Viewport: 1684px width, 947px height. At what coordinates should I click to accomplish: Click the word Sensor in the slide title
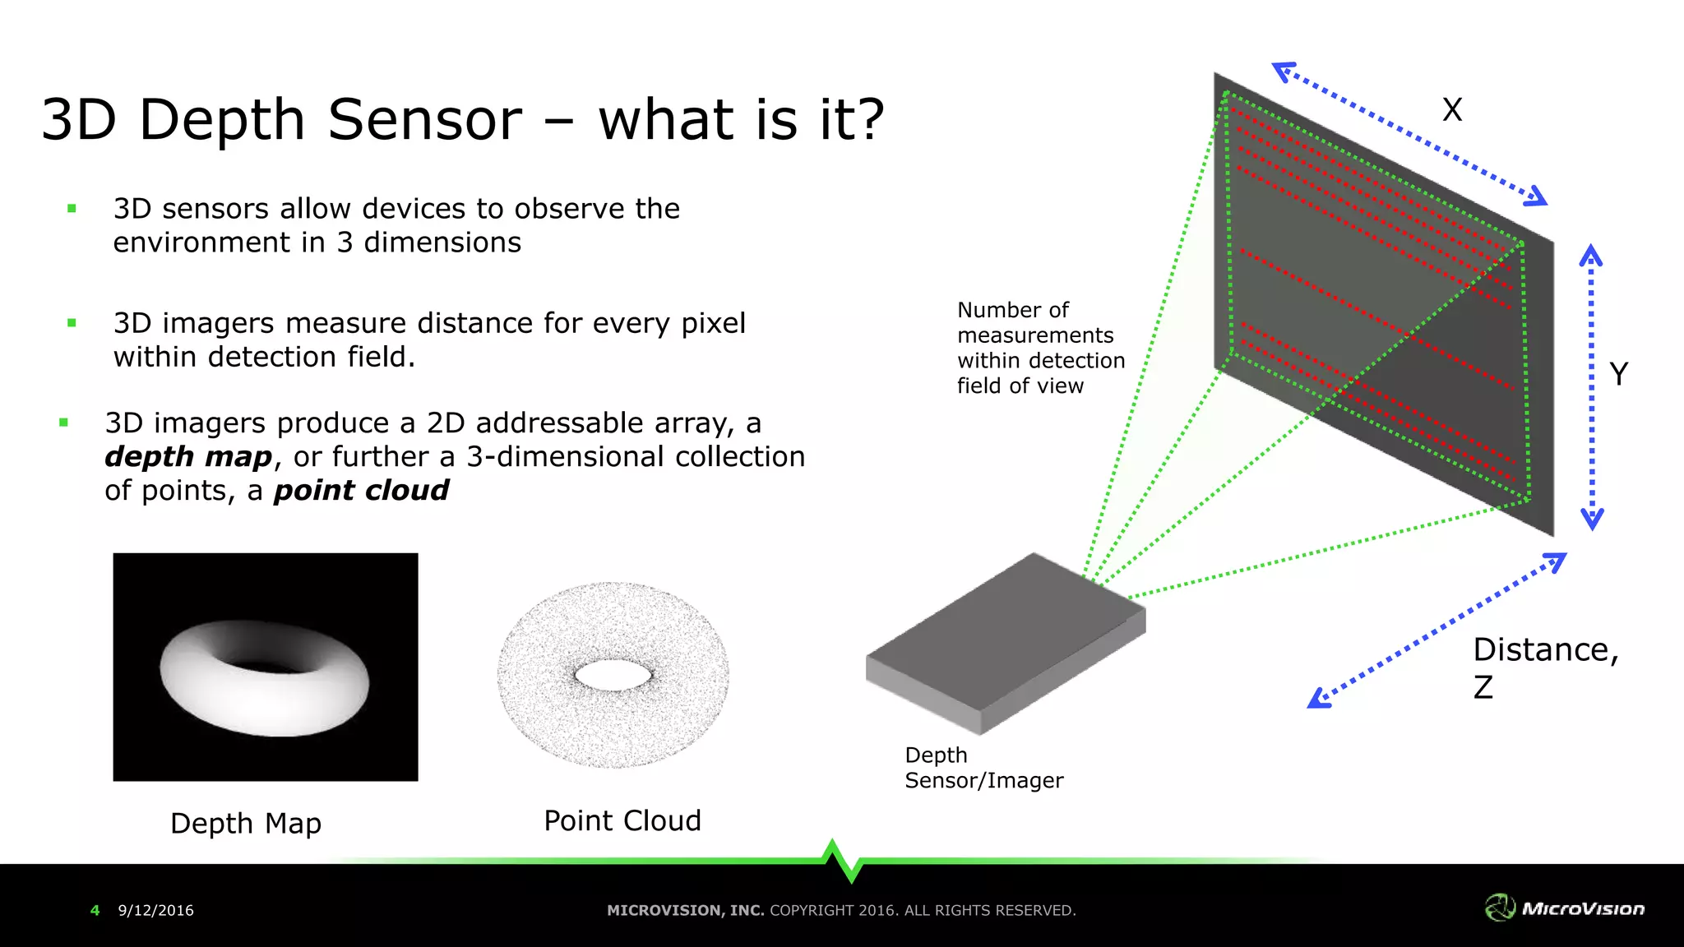point(424,120)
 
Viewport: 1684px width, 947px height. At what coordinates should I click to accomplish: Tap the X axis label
point(1452,109)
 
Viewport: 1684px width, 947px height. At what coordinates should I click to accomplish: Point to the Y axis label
point(1618,374)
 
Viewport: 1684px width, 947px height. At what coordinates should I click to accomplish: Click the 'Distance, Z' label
point(1544,667)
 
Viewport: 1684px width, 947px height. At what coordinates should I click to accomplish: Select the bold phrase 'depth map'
point(188,457)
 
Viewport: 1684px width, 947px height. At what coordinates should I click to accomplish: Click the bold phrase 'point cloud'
point(361,491)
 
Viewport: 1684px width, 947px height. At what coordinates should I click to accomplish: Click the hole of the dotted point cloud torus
point(613,675)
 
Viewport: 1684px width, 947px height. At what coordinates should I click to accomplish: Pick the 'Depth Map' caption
point(246,823)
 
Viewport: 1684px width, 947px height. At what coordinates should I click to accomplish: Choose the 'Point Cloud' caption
point(622,820)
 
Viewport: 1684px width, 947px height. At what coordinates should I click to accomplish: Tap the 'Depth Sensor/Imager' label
point(983,768)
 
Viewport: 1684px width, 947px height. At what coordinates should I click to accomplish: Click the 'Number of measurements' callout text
point(1040,348)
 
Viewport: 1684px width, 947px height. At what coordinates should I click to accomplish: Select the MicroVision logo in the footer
point(1565,908)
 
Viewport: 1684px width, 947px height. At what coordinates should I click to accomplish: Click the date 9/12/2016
point(155,910)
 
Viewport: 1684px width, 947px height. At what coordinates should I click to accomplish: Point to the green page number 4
point(95,910)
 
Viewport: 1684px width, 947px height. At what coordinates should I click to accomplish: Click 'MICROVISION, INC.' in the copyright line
point(685,910)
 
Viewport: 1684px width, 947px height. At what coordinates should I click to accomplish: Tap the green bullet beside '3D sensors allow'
point(72,209)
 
